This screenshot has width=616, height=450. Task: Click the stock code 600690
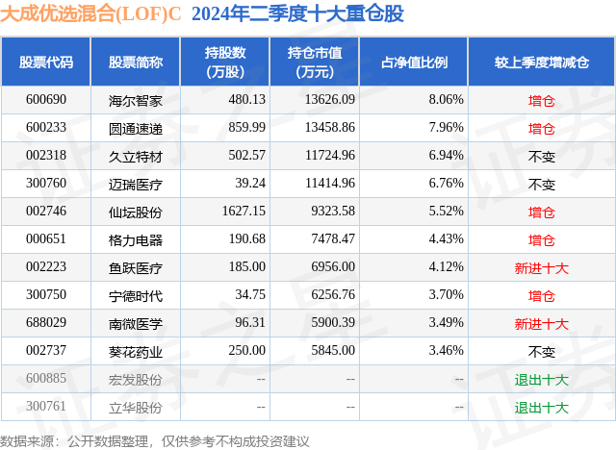tap(46, 99)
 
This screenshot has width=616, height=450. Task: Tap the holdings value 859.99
tap(245, 127)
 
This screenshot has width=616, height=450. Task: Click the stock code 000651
tap(46, 238)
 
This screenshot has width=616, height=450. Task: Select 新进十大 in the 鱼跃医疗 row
tap(541, 267)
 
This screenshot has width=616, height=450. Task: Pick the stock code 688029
tap(46, 323)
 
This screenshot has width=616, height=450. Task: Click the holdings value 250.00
tap(245, 351)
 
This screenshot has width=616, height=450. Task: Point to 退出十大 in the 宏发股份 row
tap(541, 379)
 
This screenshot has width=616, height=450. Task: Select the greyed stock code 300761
tap(46, 407)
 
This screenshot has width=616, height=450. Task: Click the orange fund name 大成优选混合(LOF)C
tap(92, 14)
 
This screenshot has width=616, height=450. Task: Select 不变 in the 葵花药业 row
tap(541, 351)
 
